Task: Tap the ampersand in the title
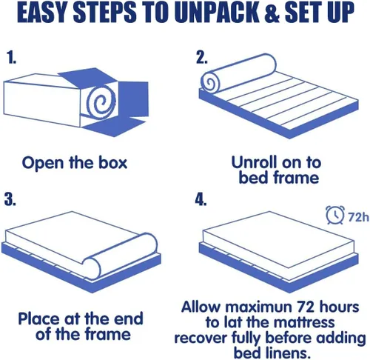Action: pos(272,13)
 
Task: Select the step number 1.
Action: pos(11,58)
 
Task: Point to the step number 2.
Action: pos(201,58)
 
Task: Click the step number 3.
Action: pos(10,199)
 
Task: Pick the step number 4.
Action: pos(201,199)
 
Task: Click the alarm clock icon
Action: pos(334,215)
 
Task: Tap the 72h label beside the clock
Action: pos(358,217)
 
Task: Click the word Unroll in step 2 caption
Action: pos(254,162)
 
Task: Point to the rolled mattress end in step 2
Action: pos(210,82)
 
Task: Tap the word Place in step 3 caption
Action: pos(39,319)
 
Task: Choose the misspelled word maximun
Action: pos(258,307)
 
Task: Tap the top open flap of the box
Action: pos(88,77)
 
